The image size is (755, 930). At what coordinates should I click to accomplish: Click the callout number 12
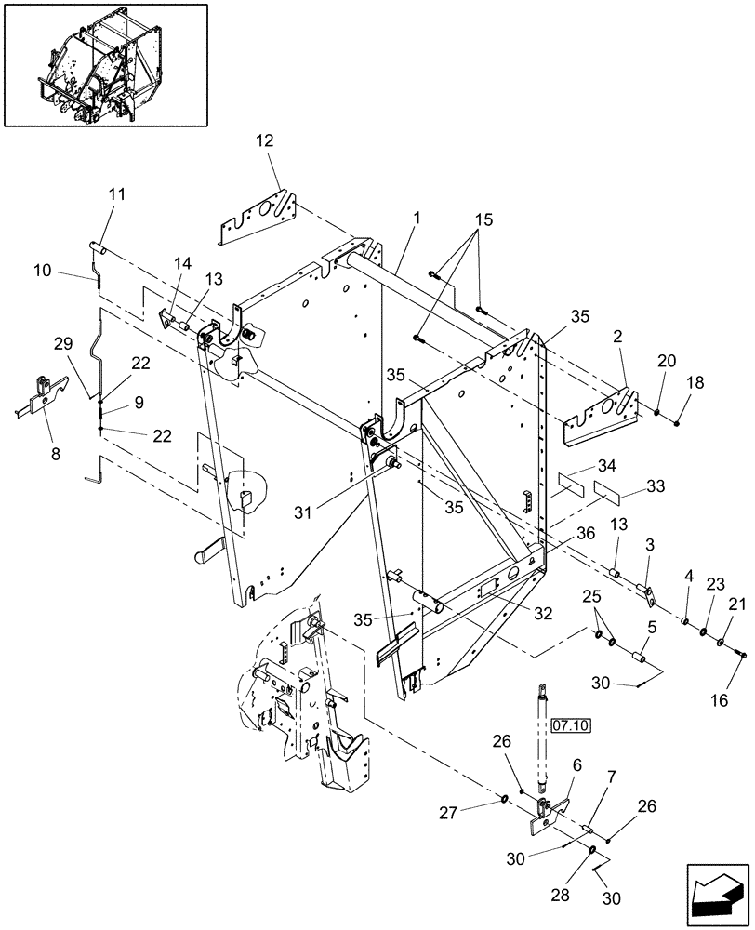[265, 140]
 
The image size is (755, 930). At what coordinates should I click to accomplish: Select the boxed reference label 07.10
[571, 725]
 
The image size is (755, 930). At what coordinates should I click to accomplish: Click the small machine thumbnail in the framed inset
[106, 64]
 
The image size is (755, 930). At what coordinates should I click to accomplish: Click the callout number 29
[63, 344]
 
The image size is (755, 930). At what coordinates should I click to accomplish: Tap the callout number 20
[667, 361]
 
